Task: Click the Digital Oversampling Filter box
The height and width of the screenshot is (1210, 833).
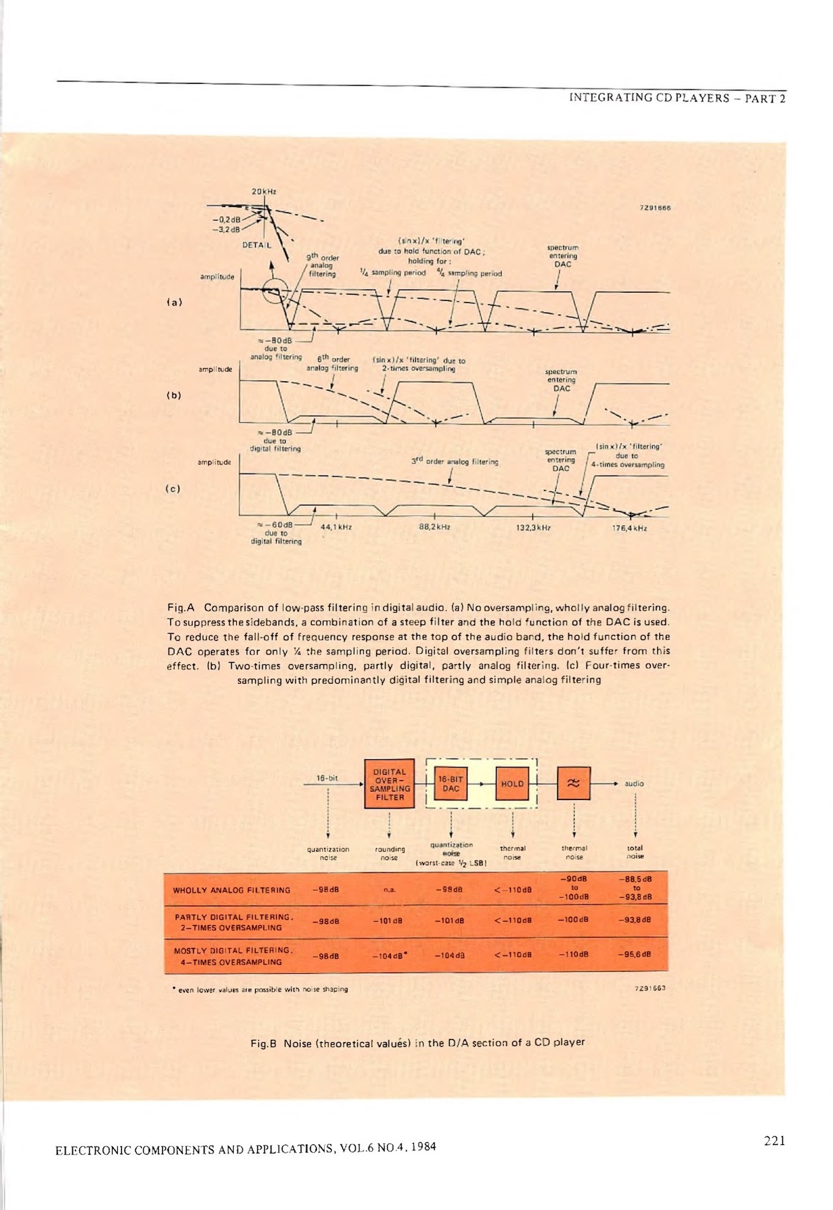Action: pyautogui.click(x=389, y=784)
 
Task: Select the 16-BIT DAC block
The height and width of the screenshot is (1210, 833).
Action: pyautogui.click(x=450, y=784)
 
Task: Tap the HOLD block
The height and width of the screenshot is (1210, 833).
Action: pyautogui.click(x=512, y=784)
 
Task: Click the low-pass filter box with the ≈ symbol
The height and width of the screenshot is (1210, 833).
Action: pyautogui.click(x=573, y=784)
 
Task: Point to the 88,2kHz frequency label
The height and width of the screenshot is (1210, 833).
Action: pyautogui.click(x=435, y=527)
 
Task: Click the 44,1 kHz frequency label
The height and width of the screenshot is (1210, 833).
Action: pyautogui.click(x=336, y=527)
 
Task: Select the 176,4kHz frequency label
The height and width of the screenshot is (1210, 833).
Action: pyautogui.click(x=629, y=528)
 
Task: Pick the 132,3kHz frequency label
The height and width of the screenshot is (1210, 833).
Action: pyautogui.click(x=533, y=528)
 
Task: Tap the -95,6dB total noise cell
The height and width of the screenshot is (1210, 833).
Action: pyautogui.click(x=635, y=955)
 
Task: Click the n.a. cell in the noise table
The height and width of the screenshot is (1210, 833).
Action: pyautogui.click(x=389, y=890)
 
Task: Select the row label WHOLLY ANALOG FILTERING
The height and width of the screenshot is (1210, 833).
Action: pyautogui.click(x=232, y=890)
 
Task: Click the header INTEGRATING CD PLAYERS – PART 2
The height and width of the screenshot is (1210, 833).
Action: pyautogui.click(x=677, y=98)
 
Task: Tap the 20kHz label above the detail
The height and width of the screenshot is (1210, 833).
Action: pyautogui.click(x=264, y=191)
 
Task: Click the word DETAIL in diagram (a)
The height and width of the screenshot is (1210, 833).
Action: pyautogui.click(x=256, y=245)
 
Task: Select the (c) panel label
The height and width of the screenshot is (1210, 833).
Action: pyautogui.click(x=173, y=489)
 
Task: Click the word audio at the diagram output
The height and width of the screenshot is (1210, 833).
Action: pyautogui.click(x=634, y=784)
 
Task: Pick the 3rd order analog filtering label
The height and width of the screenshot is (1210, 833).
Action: pyautogui.click(x=454, y=461)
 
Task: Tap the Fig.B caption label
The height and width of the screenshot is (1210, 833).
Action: pyautogui.click(x=264, y=1043)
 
